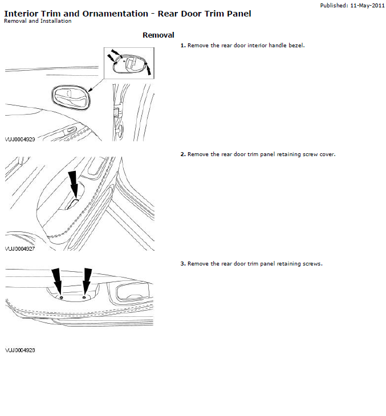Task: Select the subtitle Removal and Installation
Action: tap(38, 21)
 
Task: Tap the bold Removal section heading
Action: tap(158, 35)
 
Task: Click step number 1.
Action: tap(182, 46)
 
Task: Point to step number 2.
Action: tap(182, 154)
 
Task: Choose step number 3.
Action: tap(182, 264)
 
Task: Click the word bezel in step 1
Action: tap(296, 46)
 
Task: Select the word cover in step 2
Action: tap(327, 154)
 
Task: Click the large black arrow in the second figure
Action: tap(73, 183)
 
